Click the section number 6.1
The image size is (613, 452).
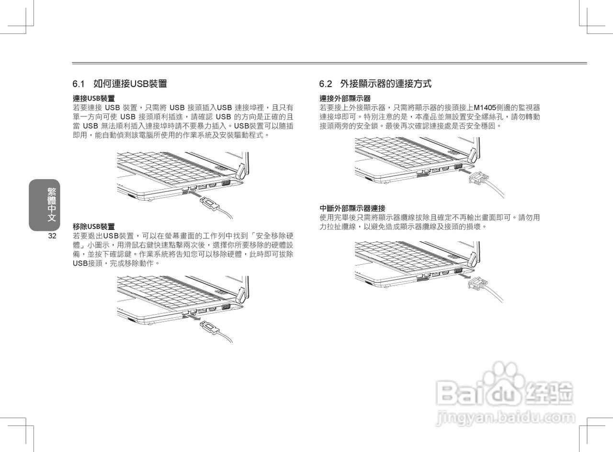79,84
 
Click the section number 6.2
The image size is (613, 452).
326,84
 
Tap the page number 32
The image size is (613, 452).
52,237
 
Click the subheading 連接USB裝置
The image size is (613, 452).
93,98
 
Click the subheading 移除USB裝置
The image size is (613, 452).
93,226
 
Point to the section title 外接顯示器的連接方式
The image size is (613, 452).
386,84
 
